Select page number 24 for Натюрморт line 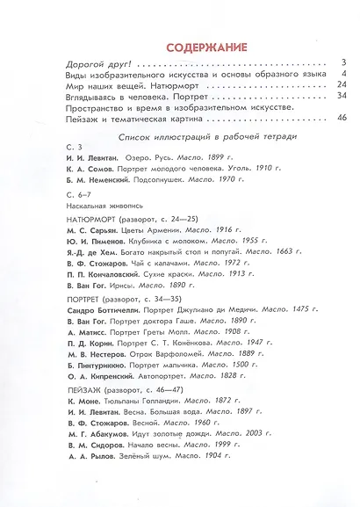(343, 85)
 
